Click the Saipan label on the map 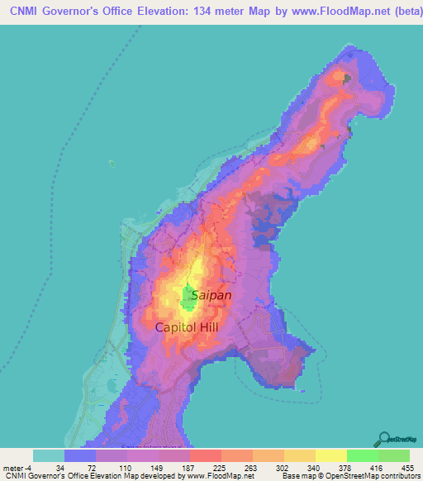pos(211,294)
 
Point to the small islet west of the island pos(112,163)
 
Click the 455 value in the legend pos(408,467)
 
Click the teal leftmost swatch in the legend pos(49,455)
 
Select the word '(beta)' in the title pos(396,9)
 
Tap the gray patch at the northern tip pos(346,79)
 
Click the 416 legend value pos(377,467)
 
